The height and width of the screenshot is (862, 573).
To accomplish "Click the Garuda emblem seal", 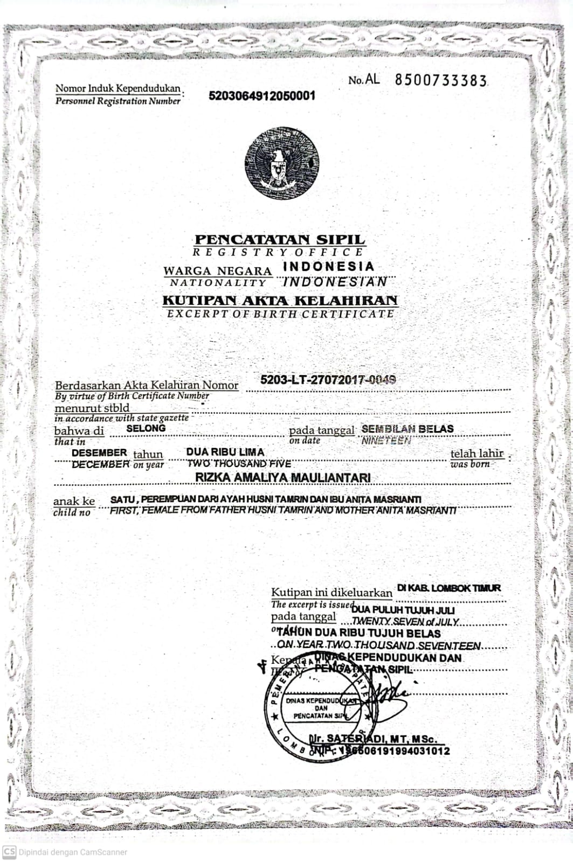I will pyautogui.click(x=281, y=163).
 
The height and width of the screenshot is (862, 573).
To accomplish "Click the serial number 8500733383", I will pyautogui.click(x=440, y=80).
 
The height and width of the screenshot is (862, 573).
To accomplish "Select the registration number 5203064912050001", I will pyautogui.click(x=261, y=96).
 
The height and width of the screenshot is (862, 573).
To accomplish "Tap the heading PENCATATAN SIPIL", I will pyautogui.click(x=280, y=239).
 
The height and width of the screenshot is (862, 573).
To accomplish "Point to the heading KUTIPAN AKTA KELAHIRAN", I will pyautogui.click(x=280, y=300).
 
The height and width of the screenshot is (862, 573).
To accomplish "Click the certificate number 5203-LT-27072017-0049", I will pyautogui.click(x=328, y=379).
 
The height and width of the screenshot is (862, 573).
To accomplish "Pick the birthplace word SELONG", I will pyautogui.click(x=146, y=428).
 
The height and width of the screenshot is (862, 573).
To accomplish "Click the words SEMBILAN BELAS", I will pyautogui.click(x=408, y=429).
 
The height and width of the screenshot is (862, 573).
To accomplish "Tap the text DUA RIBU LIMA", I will pyautogui.click(x=225, y=452).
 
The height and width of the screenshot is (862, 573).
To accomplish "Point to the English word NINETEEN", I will pyautogui.click(x=386, y=441).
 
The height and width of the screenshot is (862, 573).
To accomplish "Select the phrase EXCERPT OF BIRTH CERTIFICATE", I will pyautogui.click(x=280, y=314).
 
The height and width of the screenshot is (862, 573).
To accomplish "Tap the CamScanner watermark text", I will pyautogui.click(x=73, y=852).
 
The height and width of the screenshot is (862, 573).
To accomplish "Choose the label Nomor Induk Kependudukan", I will pyautogui.click(x=118, y=88).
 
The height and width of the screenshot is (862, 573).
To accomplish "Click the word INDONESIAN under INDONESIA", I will pyautogui.click(x=335, y=281).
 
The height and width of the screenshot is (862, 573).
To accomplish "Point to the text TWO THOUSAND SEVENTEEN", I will pyautogui.click(x=416, y=645).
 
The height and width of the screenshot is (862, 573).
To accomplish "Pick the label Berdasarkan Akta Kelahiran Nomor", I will pyautogui.click(x=147, y=385).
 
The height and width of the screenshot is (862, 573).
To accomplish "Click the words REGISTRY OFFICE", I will pyautogui.click(x=278, y=252).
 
